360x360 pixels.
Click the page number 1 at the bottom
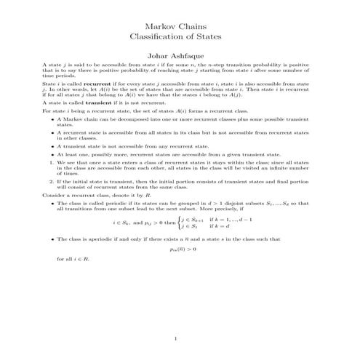(180, 337)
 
